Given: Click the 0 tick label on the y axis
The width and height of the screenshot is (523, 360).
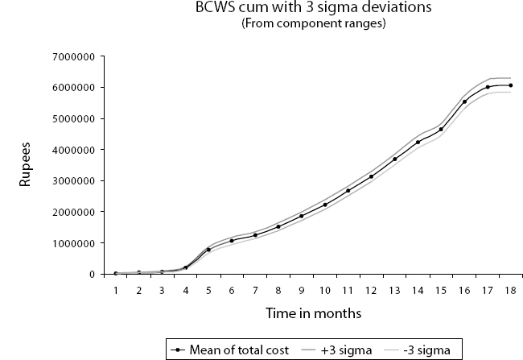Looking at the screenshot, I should point(93,275).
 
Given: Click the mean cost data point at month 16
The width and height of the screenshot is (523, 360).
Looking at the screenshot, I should point(464,101).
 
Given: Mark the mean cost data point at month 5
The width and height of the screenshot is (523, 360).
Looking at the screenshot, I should point(208,250).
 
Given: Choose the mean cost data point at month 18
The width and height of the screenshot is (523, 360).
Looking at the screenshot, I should point(510,85).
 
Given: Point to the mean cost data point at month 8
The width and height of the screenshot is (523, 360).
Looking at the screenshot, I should point(278,226).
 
